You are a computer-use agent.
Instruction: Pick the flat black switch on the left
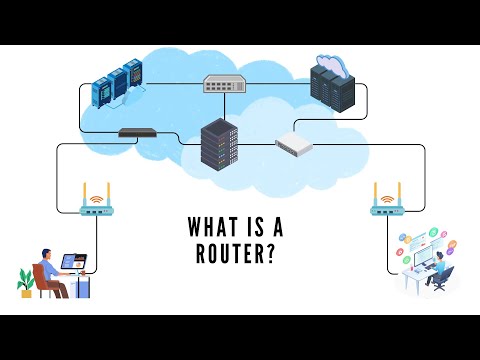click(138, 132)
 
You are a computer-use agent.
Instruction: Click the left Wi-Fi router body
click(98, 211)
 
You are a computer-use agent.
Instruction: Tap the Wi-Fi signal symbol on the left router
click(98, 198)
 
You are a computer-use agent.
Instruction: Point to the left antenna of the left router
click(85, 194)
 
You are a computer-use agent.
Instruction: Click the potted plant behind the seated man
click(26, 282)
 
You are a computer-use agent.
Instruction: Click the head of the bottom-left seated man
click(48, 255)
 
